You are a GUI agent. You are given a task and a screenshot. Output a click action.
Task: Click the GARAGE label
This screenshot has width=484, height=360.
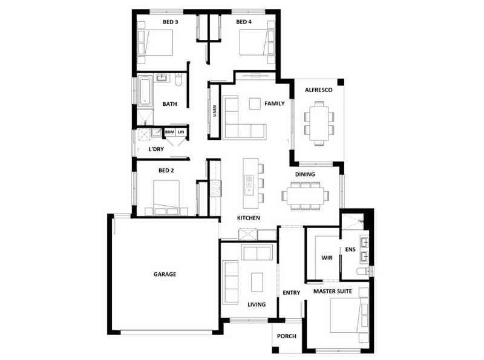(x=165, y=274)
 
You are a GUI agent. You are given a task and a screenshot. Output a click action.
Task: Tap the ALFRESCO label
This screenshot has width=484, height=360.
(x=319, y=90)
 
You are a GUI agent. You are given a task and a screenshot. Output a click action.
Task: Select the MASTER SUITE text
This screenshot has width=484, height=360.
(x=332, y=291)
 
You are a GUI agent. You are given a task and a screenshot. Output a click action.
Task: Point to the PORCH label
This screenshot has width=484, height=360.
(x=286, y=336)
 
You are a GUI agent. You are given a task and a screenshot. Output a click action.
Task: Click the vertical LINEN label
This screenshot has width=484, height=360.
(x=215, y=111)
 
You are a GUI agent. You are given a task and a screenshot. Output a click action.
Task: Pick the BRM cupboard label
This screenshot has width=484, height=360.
(x=169, y=132)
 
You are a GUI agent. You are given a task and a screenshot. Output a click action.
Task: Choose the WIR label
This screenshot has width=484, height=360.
(x=327, y=258)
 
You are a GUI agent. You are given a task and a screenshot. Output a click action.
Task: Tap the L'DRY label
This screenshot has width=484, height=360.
(x=156, y=149)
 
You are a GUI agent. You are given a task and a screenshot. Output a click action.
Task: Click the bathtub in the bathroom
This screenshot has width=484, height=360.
(x=145, y=91)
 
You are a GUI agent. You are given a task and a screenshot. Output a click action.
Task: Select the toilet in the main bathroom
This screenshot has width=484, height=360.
(x=178, y=80)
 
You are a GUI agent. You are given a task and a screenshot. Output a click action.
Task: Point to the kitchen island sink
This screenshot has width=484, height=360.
(x=249, y=185)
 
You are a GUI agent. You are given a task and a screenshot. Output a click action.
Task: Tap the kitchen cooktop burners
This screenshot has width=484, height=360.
(x=215, y=188)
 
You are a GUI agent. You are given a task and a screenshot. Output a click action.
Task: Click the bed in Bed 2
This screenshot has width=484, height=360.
(x=166, y=197)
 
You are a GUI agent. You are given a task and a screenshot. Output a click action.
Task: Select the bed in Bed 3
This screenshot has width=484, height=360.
(x=155, y=42)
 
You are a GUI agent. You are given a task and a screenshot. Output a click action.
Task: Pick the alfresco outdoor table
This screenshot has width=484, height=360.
(x=319, y=123)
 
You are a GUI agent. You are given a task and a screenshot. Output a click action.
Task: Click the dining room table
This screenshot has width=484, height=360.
(x=306, y=196)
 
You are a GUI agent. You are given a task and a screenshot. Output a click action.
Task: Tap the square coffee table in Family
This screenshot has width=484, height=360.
(x=255, y=103)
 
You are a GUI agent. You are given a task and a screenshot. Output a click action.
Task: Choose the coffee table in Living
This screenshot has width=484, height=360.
(x=257, y=282)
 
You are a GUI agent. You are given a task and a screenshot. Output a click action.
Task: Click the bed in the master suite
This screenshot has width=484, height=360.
(x=349, y=315)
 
